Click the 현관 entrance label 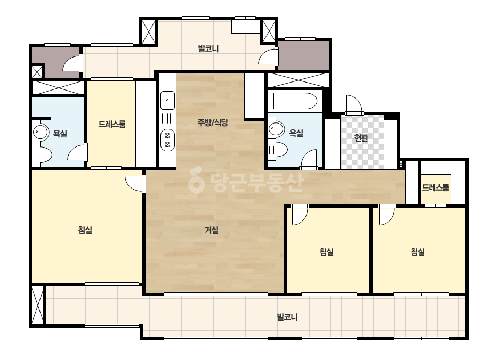tap(361, 137)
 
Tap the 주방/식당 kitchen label tap(213, 122)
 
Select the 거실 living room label tap(212, 230)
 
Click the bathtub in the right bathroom tap(295, 101)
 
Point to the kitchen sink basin tap(167, 100)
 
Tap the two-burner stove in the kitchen tap(167, 140)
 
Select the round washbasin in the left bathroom tap(41, 132)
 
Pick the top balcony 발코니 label tap(208, 48)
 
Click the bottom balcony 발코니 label tap(287, 317)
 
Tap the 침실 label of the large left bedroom tap(85, 230)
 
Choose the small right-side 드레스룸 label tap(435, 187)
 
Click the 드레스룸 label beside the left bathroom tap(112, 124)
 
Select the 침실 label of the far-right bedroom tap(418, 251)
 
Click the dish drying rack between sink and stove tap(167, 119)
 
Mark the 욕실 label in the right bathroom tap(296, 133)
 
